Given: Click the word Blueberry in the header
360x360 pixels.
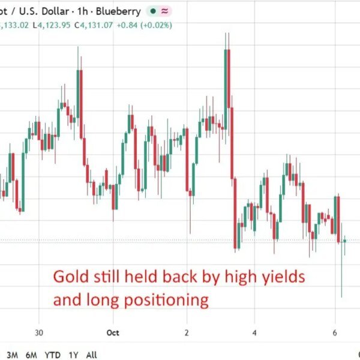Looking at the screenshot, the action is tap(118, 11).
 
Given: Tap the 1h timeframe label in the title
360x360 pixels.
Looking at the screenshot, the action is tap(83, 11).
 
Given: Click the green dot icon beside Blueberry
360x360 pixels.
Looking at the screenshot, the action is tap(153, 11).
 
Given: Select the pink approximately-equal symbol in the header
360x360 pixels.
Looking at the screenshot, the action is tap(164, 11).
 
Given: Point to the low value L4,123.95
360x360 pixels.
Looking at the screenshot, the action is tap(52, 25).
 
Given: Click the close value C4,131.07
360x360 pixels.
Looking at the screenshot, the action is tap(94, 25).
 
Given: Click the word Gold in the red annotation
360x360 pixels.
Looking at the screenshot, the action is tap(71, 277).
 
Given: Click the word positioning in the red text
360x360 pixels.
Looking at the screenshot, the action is tap(166, 301).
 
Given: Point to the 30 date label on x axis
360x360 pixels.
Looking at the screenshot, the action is tap(39, 332).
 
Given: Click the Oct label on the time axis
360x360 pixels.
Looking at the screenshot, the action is tap(113, 332).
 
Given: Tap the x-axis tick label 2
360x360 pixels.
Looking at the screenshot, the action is tap(187, 332).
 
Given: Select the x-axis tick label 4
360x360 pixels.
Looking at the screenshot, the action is tap(254, 332).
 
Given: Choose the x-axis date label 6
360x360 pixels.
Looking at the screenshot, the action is tap(335, 332).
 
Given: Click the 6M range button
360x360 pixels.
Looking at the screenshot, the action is tap(31, 355).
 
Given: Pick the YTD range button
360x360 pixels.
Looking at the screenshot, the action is tap(53, 355).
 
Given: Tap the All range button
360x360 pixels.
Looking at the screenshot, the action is tap(91, 355).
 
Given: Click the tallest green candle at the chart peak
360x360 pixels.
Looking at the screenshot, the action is tap(226, 89).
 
